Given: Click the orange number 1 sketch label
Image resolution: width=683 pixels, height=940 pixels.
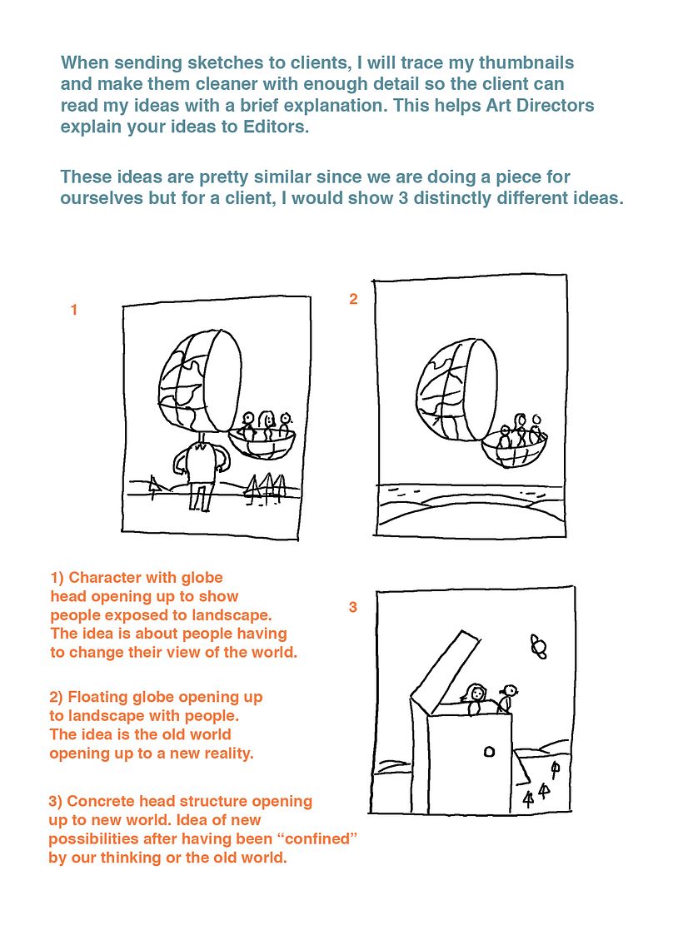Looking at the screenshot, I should [74, 311].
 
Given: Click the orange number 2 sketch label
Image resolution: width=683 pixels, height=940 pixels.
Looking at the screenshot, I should [353, 300].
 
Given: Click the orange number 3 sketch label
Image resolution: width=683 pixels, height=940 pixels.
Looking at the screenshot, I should [353, 608].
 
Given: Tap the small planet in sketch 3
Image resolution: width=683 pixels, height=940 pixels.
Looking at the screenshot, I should [538, 646].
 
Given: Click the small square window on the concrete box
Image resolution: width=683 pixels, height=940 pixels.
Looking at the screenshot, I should [489, 752].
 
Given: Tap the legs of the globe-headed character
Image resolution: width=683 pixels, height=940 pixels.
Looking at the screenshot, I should [199, 497].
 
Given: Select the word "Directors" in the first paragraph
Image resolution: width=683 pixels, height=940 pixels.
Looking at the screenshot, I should [553, 107].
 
